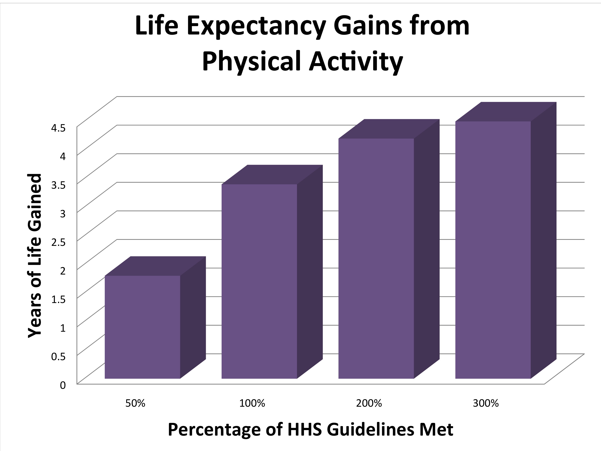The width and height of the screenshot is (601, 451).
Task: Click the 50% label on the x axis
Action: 135,403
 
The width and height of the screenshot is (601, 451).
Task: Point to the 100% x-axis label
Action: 252,403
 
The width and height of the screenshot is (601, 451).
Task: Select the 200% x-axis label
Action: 369,403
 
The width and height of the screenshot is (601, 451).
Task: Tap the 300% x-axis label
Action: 486,403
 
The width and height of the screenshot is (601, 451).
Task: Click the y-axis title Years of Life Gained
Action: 35,255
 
